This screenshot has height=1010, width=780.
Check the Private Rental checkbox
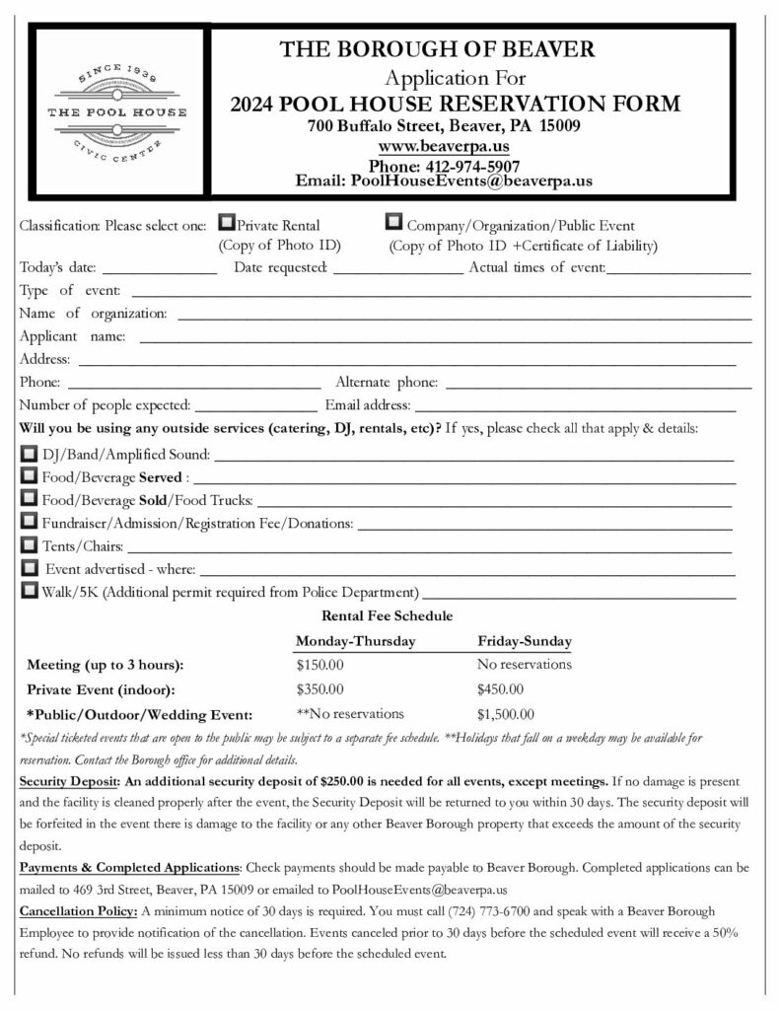(226, 223)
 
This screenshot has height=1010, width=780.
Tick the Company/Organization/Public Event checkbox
(394, 223)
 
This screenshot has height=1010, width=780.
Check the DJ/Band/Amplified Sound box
(29, 454)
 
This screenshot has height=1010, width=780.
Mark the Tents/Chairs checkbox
(29, 544)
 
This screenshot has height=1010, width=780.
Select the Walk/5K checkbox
(29, 591)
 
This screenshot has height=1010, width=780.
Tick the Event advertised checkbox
(30, 568)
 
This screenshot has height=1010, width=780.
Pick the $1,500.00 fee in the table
(505, 714)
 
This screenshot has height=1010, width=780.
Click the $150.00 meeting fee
(319, 665)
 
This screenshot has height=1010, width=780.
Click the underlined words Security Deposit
(66, 781)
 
